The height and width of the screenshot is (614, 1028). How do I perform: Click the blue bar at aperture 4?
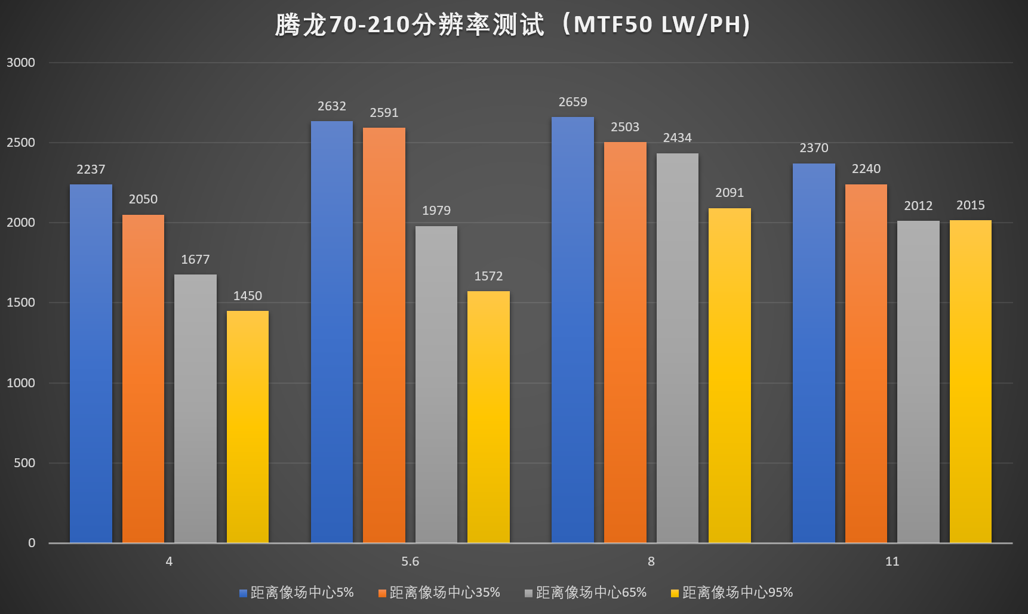pos(91,364)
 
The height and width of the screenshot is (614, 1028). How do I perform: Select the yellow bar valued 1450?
pos(248,427)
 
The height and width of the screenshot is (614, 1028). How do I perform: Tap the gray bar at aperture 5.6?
pos(436,385)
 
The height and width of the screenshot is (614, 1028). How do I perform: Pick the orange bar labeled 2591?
pos(384,335)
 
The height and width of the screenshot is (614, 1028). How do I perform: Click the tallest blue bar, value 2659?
pos(573,330)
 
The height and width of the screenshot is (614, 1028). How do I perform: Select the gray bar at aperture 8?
pos(678,348)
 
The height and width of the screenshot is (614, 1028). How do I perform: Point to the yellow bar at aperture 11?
pos(971,382)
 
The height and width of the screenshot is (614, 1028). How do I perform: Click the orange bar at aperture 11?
pos(866,364)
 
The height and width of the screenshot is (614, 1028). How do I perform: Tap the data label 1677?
pos(195,260)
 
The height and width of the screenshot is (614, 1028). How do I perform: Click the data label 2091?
pos(730,193)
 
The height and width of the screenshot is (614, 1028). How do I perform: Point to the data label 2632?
pos(332,106)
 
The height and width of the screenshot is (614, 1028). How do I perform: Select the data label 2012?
pos(918,206)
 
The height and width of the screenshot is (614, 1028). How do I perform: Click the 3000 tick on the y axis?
pos(21,63)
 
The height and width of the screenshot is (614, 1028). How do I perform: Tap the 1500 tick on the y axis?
pos(21,303)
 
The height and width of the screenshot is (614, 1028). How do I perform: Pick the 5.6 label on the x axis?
pos(410,561)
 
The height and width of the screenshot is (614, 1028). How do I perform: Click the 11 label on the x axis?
pos(892,561)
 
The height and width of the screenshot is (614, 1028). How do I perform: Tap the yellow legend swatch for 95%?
pos(675,593)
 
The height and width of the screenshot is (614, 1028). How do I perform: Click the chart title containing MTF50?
pos(513,25)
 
